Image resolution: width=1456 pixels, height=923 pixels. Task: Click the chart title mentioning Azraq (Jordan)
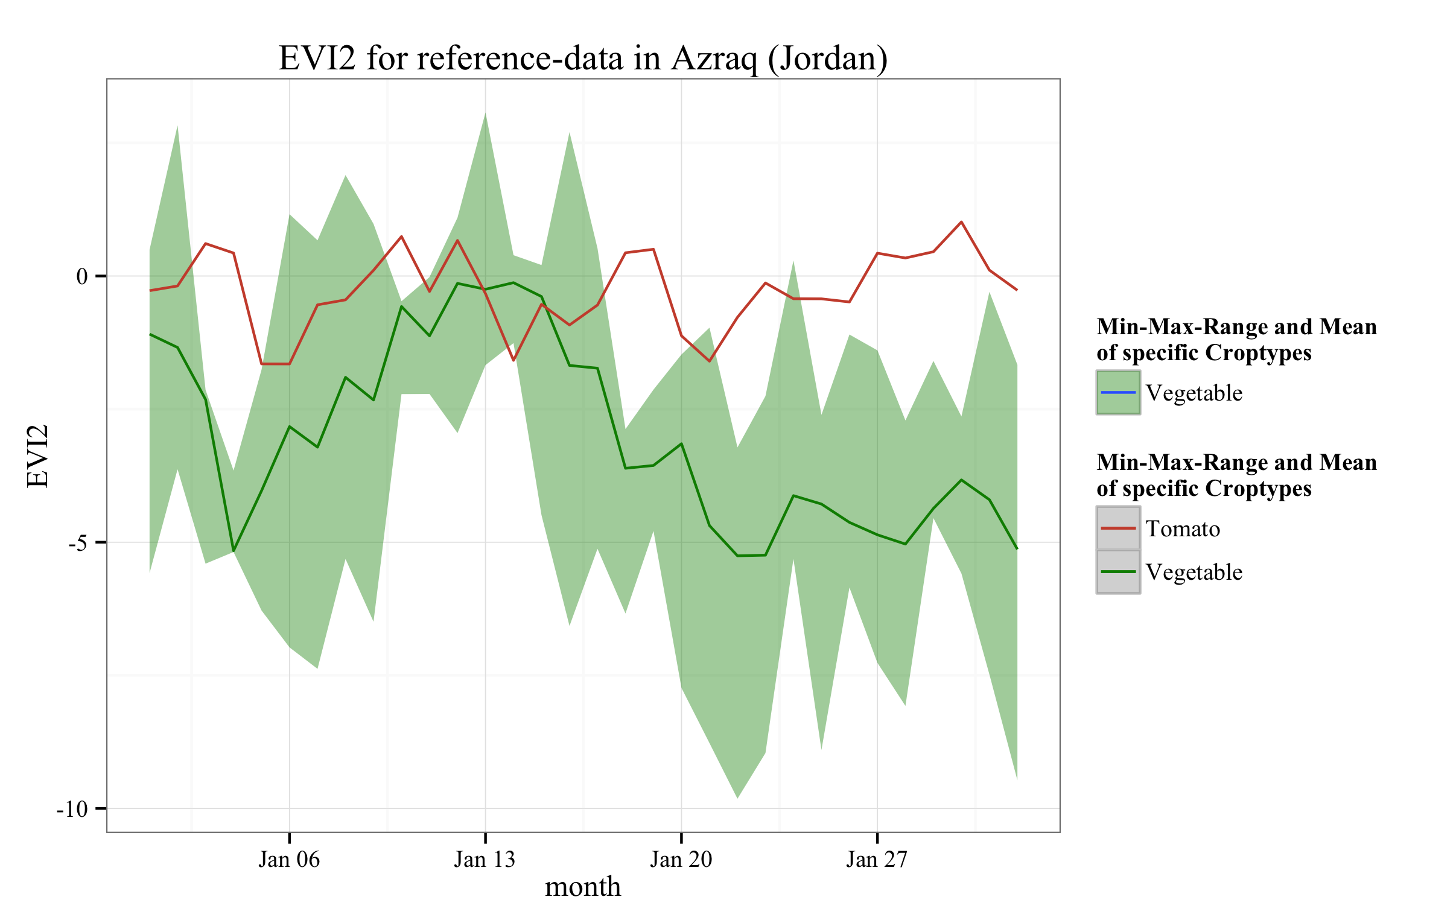[582, 59]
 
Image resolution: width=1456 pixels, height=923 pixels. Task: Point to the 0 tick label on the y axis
[82, 276]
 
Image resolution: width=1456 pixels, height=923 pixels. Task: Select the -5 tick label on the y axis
[78, 543]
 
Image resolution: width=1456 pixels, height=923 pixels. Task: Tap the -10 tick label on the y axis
[72, 809]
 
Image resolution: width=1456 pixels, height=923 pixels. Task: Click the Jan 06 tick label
[289, 860]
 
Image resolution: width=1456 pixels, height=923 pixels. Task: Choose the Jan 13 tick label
[485, 860]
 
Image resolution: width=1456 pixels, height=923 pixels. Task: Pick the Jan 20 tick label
[681, 860]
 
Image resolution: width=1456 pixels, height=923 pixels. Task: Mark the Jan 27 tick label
[877, 860]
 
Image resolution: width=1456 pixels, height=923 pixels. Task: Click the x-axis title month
[582, 887]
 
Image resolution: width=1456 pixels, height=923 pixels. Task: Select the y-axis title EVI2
[37, 455]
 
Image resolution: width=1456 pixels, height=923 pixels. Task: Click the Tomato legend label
[1183, 529]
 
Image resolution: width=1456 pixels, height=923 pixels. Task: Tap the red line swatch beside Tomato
[1118, 528]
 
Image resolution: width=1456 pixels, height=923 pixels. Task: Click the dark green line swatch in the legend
[1118, 572]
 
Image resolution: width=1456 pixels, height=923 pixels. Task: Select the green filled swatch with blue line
[1118, 393]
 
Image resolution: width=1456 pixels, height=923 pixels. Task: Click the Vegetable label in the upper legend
[1194, 393]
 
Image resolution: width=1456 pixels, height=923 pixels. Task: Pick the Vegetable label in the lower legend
[1194, 573]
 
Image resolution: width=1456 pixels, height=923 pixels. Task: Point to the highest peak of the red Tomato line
[961, 222]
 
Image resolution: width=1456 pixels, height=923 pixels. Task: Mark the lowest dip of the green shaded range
[738, 797]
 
